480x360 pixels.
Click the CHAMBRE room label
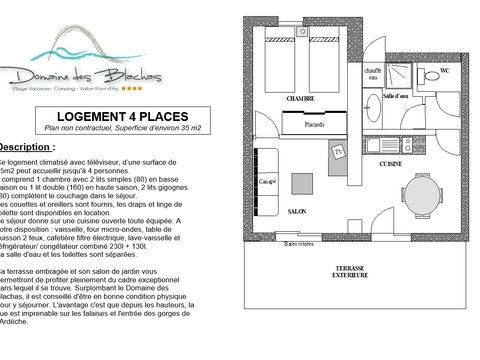click(301, 100)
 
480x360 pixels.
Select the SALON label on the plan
click(297, 213)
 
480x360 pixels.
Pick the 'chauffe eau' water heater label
click(372, 72)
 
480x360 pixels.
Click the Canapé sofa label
click(268, 183)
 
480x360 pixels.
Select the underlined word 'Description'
click(27, 146)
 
